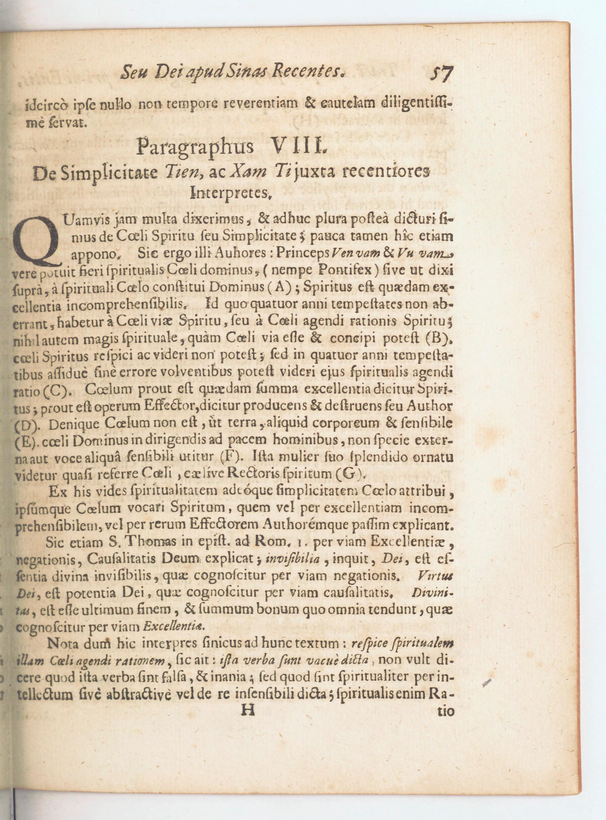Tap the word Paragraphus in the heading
(x=194, y=147)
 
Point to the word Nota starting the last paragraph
(x=62, y=644)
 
